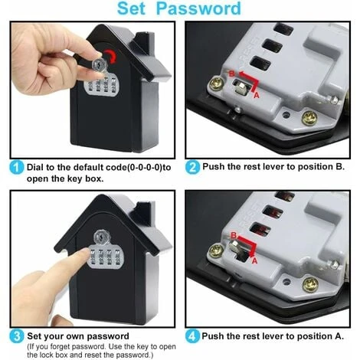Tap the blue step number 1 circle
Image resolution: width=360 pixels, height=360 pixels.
(16, 166)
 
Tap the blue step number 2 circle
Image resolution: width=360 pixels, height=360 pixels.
(192, 166)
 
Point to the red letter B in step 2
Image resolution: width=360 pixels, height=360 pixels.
(232, 72)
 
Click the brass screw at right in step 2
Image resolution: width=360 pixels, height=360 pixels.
(309, 118)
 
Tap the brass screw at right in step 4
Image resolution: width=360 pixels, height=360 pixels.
(310, 284)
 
